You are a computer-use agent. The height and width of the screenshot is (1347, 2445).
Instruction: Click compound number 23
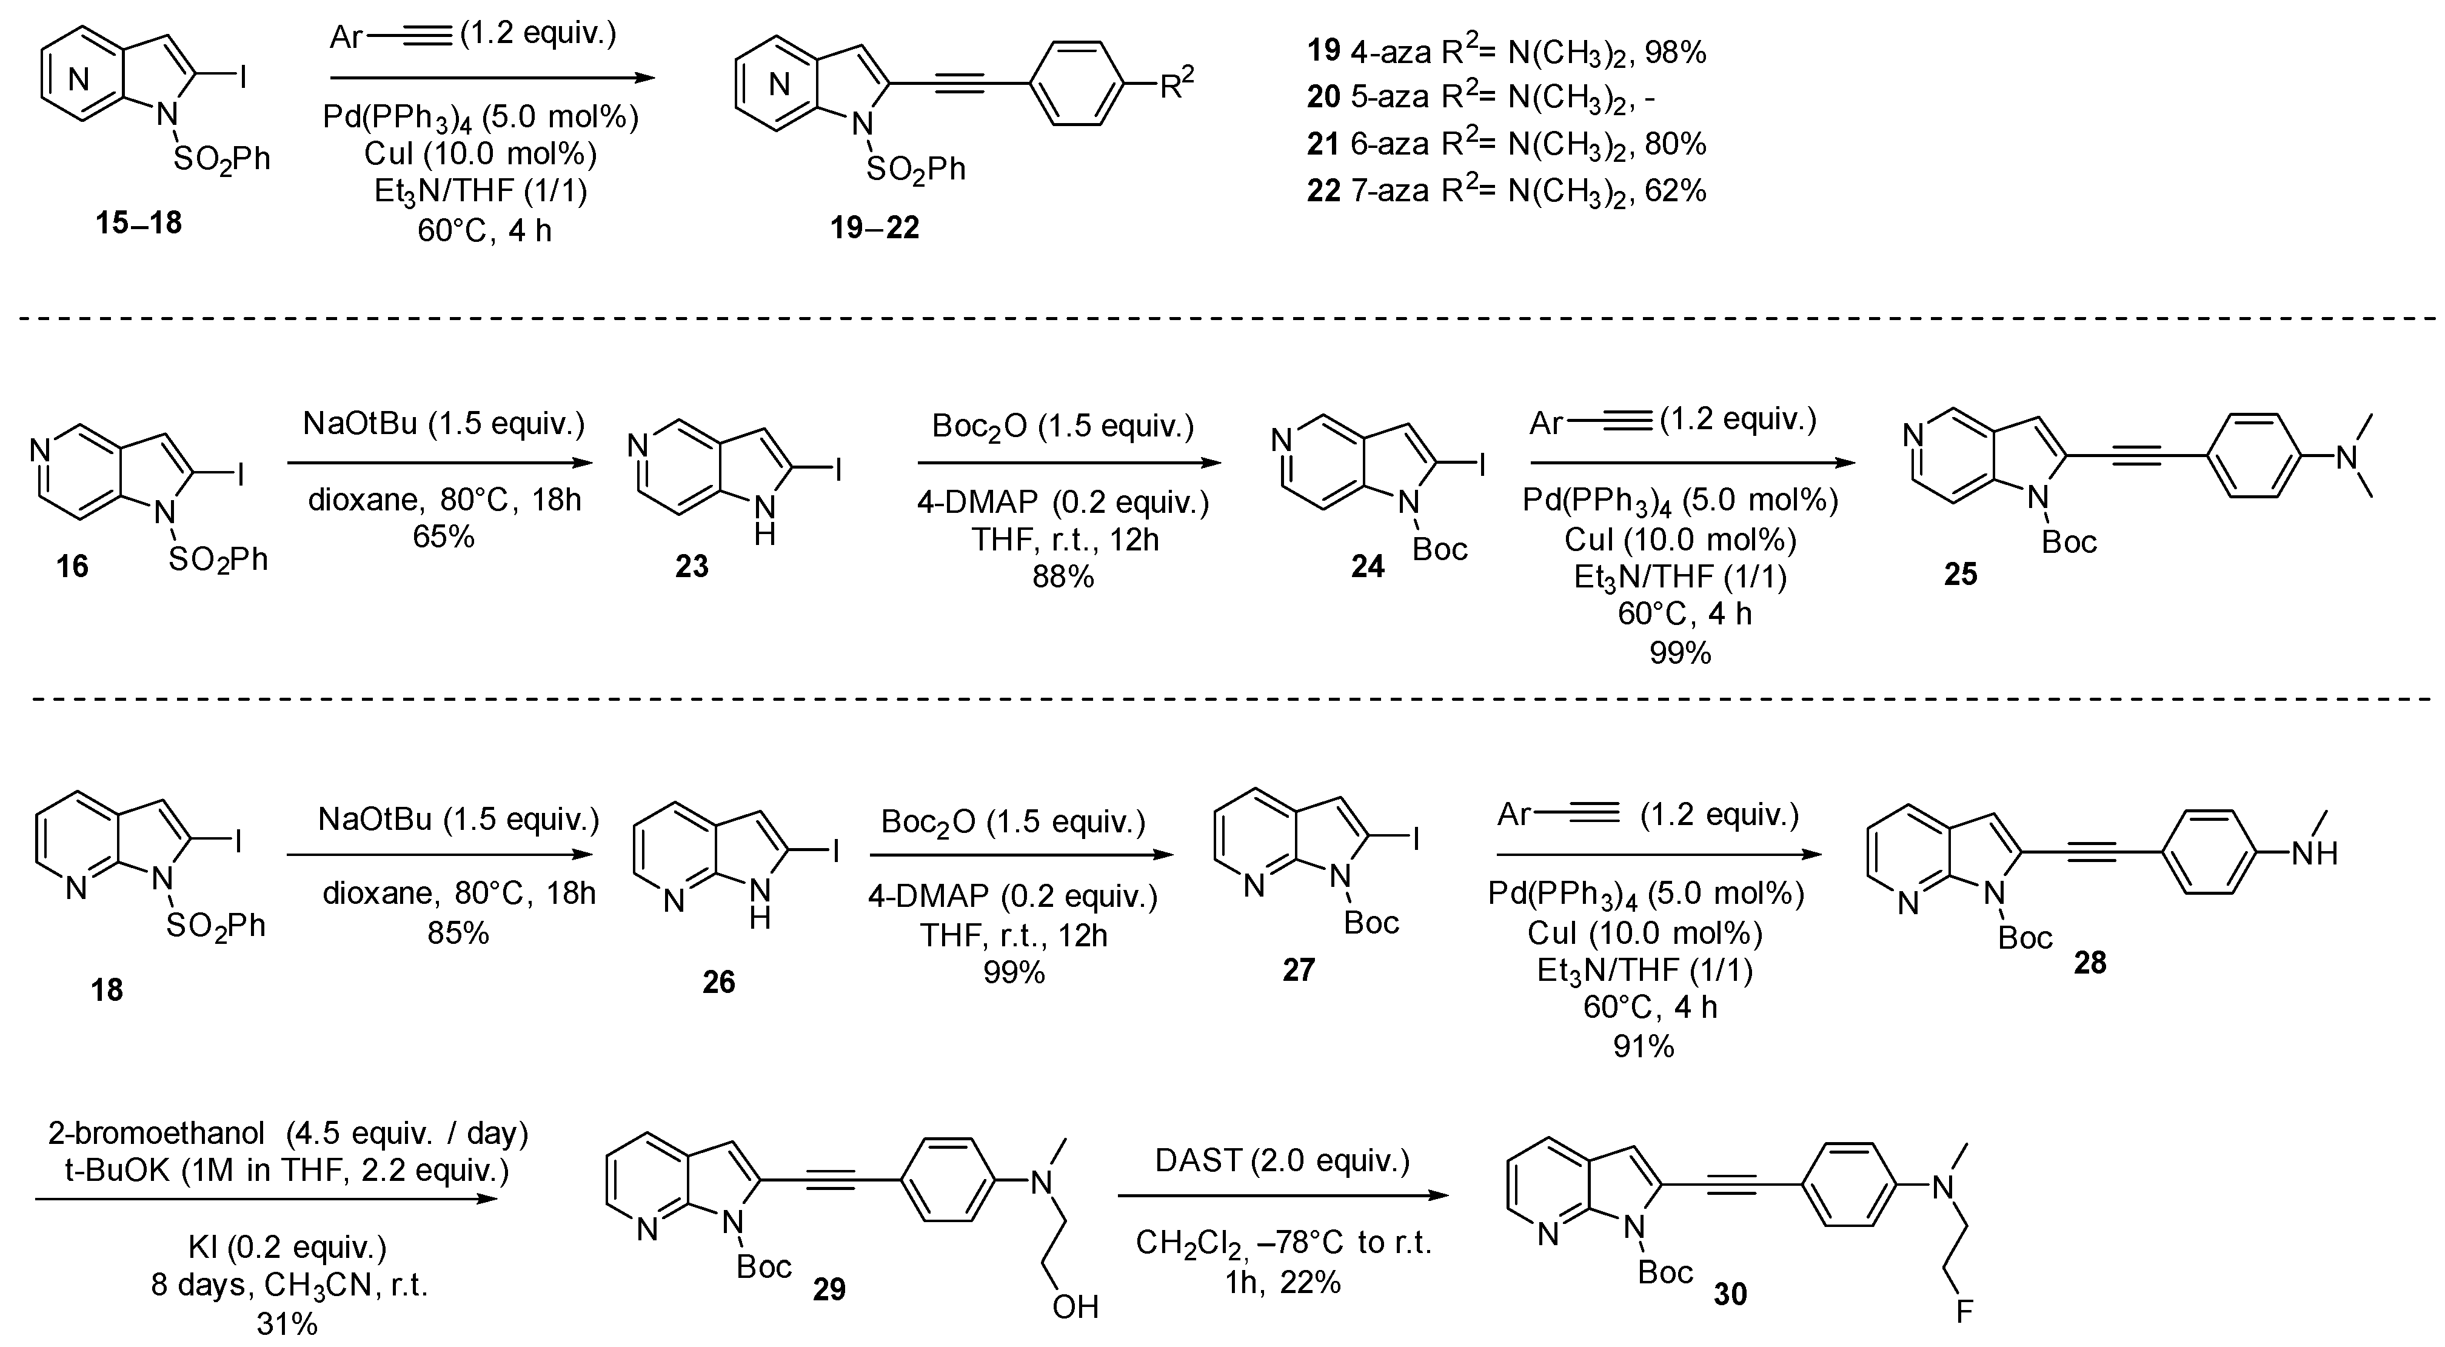point(692,567)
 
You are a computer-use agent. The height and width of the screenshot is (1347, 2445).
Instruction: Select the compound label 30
point(1730,1295)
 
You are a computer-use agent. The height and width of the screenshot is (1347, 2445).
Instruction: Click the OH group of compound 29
point(1075,1307)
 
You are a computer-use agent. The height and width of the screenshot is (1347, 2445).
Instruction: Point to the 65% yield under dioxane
point(443,537)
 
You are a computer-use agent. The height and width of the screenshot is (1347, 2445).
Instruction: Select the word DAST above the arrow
point(1198,1160)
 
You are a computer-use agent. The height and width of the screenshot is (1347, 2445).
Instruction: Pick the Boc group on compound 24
point(1440,549)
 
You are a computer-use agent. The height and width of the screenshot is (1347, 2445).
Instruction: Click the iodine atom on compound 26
point(835,854)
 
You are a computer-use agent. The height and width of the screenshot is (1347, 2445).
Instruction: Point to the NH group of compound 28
point(2314,854)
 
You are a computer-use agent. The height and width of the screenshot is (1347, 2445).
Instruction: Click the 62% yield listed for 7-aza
point(1676,191)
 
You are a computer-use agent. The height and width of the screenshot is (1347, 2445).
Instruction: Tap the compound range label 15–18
point(139,224)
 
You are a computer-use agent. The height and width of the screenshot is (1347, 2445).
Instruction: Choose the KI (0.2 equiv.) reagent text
point(287,1246)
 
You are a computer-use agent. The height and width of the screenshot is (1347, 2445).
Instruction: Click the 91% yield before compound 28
point(1644,1047)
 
